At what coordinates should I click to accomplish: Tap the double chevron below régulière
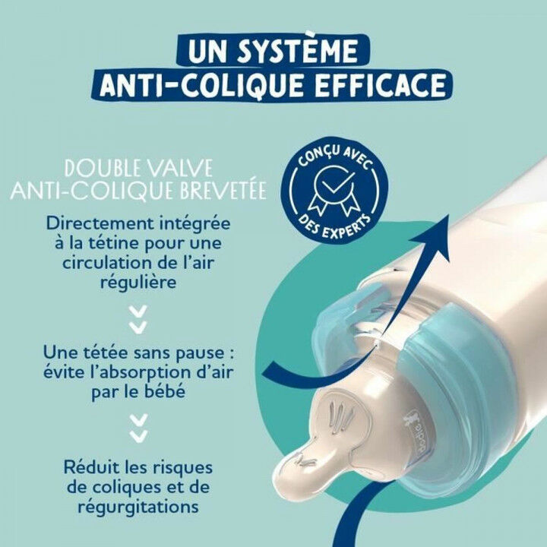138,319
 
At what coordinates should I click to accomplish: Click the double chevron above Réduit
138,428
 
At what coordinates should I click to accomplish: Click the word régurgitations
138,505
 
